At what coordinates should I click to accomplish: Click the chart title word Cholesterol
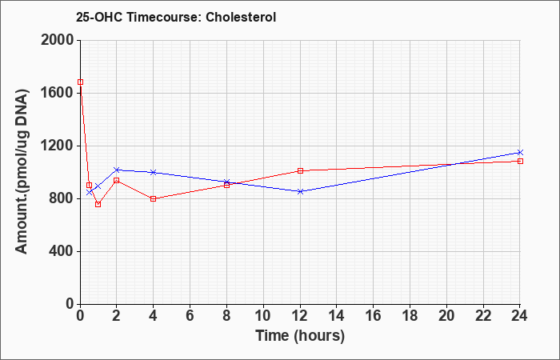241,17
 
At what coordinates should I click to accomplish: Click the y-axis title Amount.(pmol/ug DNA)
22,171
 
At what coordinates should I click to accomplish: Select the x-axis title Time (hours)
300,336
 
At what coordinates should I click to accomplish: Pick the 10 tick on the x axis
263,316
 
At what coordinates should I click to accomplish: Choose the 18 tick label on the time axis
410,316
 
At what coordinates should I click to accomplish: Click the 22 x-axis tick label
483,316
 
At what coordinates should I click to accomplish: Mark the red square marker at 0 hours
80,82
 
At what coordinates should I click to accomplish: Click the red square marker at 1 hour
98,204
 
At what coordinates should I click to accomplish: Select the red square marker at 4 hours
154,198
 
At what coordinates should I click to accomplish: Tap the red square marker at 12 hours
300,170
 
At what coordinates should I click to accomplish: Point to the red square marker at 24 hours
520,161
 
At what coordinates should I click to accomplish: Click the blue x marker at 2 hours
117,170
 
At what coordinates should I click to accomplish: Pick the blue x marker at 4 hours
154,172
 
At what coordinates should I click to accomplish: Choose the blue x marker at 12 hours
300,191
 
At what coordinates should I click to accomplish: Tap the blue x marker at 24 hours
520,153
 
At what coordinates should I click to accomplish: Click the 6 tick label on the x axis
190,316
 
